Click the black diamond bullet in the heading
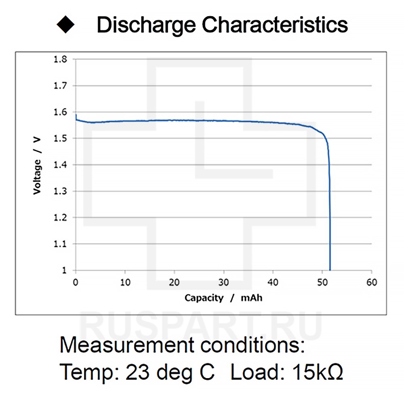[65, 25]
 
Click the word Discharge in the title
[146, 25]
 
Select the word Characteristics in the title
[275, 25]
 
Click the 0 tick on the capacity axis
[76, 282]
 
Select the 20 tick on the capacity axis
[174, 282]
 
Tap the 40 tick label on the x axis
[273, 282]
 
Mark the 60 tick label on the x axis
[372, 282]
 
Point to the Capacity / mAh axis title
[223, 298]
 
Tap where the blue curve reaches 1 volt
[330, 269]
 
